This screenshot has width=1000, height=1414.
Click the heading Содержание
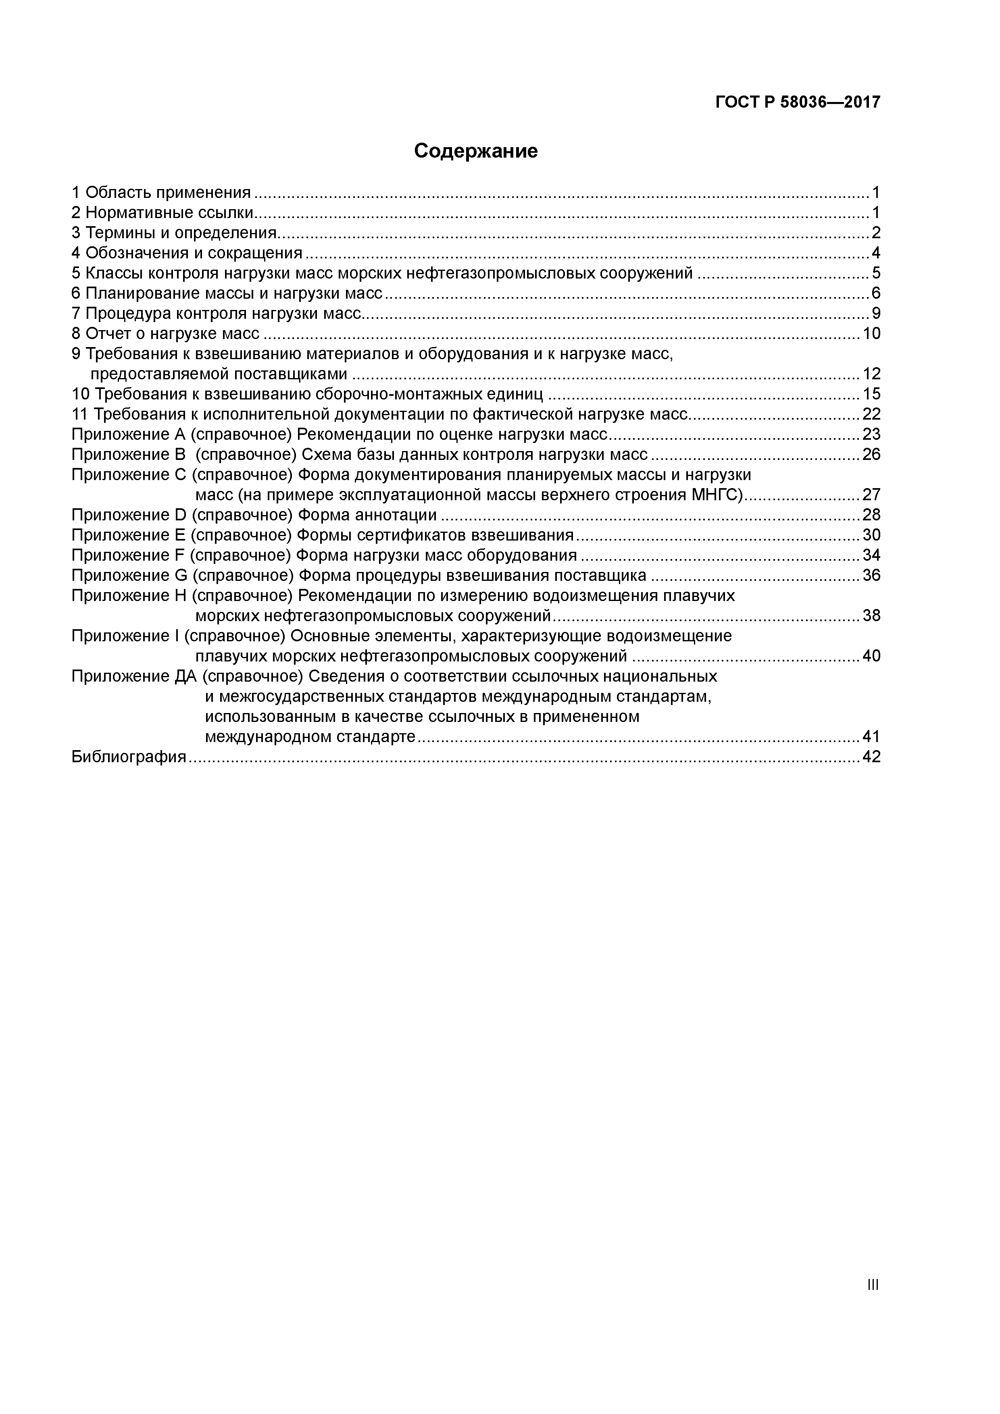[x=476, y=151]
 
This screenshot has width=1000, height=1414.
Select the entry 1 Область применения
[x=161, y=193]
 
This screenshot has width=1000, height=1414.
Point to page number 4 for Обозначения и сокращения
[x=875, y=253]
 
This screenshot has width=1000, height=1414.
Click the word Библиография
[x=129, y=757]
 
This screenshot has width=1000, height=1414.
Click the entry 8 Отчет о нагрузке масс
[x=165, y=334]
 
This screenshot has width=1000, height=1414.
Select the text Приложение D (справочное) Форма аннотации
[x=254, y=515]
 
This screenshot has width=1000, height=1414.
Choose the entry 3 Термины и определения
[x=174, y=233]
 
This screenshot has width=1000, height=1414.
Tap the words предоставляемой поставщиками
[x=219, y=374]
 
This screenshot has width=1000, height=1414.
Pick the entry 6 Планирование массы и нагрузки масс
[x=227, y=293]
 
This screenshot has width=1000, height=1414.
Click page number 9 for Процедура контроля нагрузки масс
[x=875, y=314]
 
